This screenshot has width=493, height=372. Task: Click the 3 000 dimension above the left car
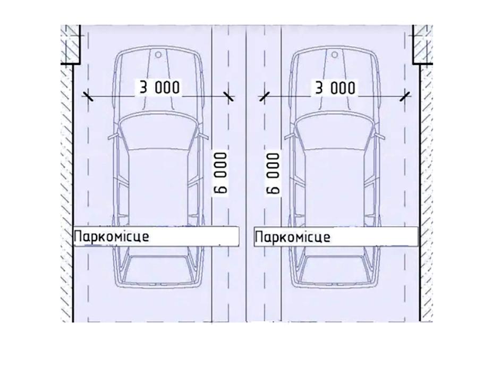(x=159, y=87)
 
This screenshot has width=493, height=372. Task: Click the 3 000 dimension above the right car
(x=335, y=87)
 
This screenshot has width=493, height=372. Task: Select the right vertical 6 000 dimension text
(x=273, y=172)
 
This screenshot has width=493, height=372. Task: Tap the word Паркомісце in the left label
(x=112, y=236)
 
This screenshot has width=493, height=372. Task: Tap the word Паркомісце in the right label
(x=292, y=236)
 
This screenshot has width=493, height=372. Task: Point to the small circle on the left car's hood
(x=158, y=54)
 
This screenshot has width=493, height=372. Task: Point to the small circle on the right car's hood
(x=334, y=54)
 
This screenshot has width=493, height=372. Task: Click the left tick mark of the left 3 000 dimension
(x=88, y=96)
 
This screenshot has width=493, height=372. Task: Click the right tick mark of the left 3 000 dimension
(x=228, y=96)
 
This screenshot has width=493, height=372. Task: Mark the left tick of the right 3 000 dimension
(x=263, y=96)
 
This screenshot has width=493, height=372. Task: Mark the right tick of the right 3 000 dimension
(x=405, y=96)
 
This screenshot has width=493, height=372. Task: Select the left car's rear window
(x=158, y=268)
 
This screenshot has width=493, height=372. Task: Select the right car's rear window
(x=334, y=268)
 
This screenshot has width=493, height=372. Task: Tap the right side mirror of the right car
(x=380, y=137)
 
